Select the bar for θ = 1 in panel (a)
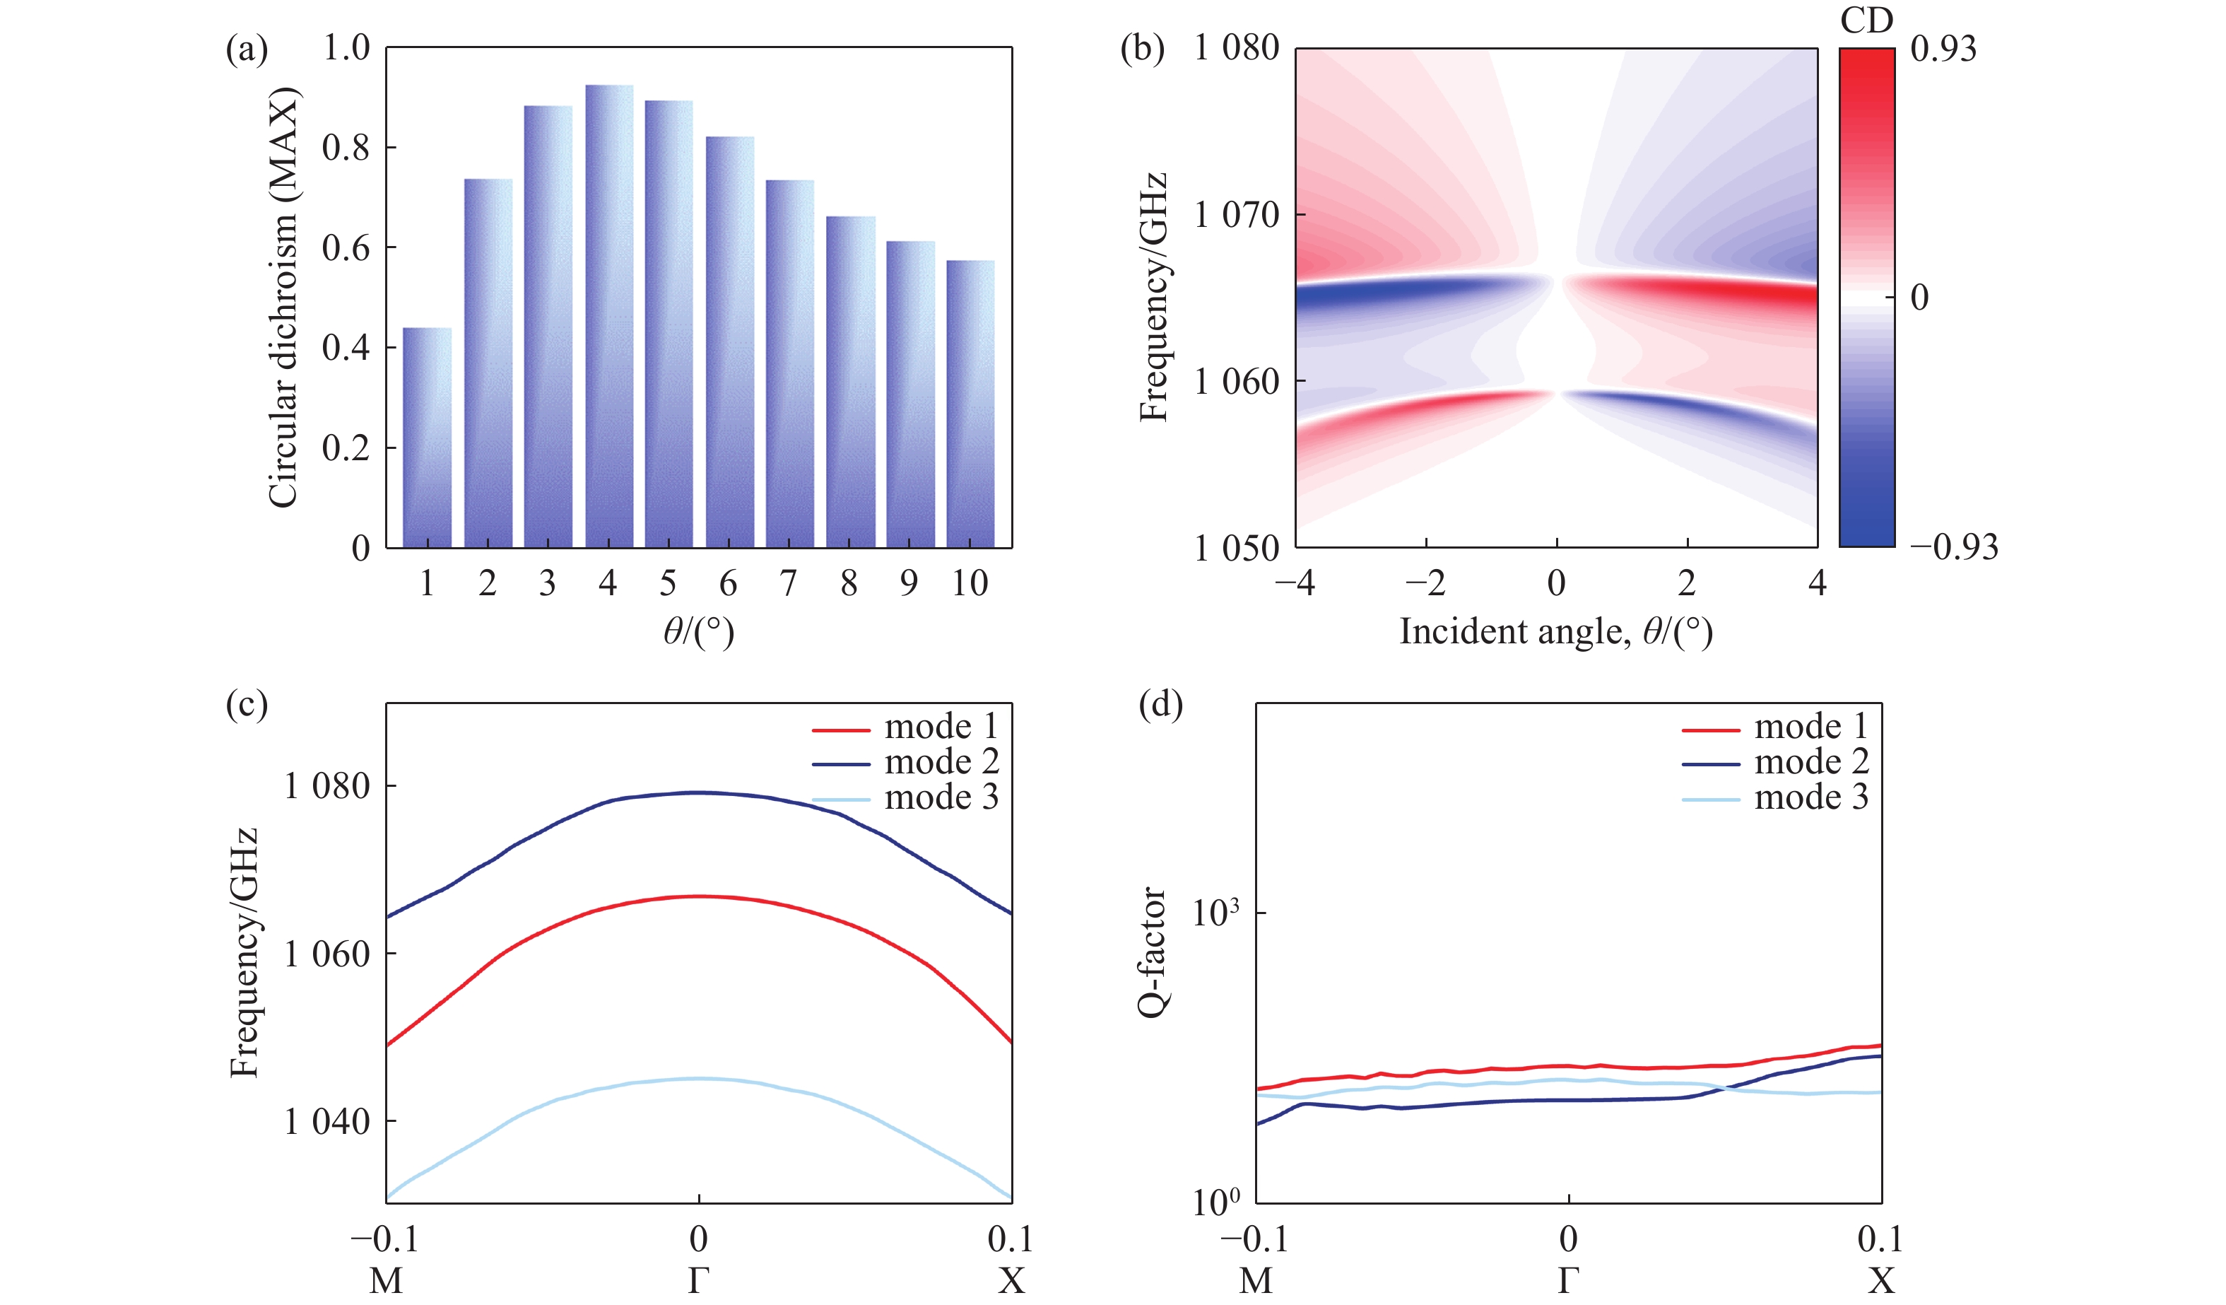coord(428,438)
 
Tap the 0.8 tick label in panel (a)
coord(346,148)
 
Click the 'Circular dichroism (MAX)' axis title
coord(283,298)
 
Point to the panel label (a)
coord(247,49)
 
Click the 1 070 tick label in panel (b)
coord(1236,215)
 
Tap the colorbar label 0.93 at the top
coord(1943,49)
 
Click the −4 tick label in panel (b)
coord(1295,583)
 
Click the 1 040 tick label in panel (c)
coord(326,1121)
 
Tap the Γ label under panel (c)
coord(699,1280)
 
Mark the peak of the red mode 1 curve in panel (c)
coord(699,897)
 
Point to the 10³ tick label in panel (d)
coord(1215,913)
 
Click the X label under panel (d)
coord(1880,1280)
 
